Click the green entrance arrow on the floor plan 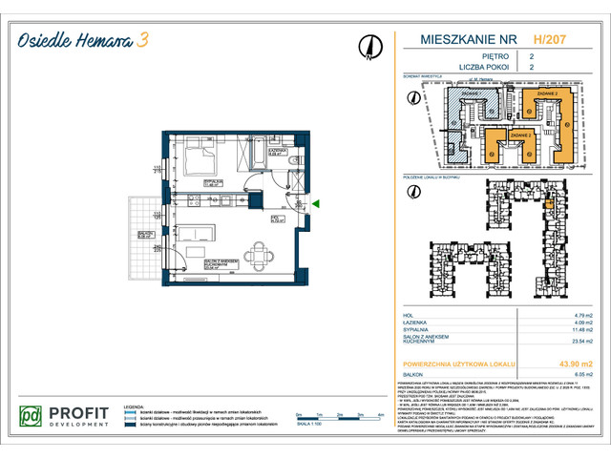(x=317, y=202)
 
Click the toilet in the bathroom (x=298, y=158)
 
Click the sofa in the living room (x=201, y=232)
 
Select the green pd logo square (x=32, y=417)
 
